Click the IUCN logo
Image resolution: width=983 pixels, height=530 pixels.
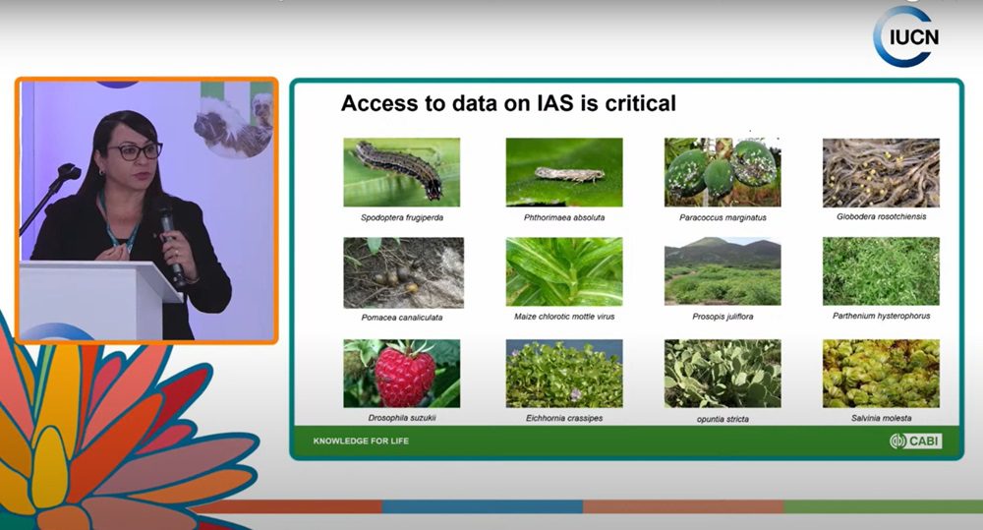[906, 36]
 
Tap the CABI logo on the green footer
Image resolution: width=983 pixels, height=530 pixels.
[916, 441]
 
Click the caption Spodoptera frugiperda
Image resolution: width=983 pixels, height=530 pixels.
[402, 217]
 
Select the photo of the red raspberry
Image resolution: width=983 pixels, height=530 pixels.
[402, 374]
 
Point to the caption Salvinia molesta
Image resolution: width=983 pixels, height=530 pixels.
[882, 418]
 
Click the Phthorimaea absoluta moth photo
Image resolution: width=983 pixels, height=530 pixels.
[564, 172]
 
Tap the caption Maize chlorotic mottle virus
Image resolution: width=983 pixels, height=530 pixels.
[564, 317]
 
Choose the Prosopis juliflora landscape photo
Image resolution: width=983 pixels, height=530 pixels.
[723, 271]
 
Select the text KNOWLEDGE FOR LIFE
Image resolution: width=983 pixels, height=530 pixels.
[361, 441]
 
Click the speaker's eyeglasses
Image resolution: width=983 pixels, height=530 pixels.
[135, 151]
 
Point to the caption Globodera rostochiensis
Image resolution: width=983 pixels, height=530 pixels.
[882, 216]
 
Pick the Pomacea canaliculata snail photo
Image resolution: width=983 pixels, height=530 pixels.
[404, 272]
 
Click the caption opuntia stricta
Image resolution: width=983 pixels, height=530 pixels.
[723, 419]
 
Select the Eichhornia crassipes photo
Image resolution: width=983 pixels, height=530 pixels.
[564, 374]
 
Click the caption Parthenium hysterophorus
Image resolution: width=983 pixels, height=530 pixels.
[882, 316]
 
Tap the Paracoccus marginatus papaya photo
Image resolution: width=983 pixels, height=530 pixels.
[723, 172]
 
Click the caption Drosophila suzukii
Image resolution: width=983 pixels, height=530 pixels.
[402, 418]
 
